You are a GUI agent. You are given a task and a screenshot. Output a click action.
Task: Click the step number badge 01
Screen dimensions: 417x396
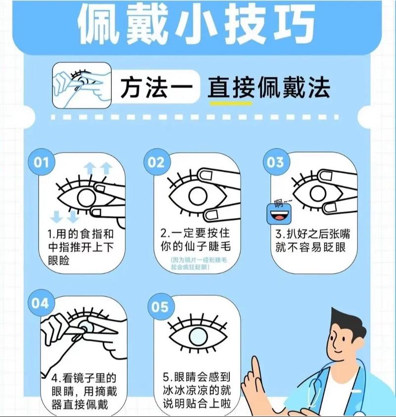[42, 163]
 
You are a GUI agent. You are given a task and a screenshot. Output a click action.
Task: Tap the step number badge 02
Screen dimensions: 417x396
[156, 163]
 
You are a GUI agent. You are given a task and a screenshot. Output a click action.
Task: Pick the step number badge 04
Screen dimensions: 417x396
[41, 302]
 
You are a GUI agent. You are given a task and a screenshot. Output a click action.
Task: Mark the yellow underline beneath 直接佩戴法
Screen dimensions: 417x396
[231, 104]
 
